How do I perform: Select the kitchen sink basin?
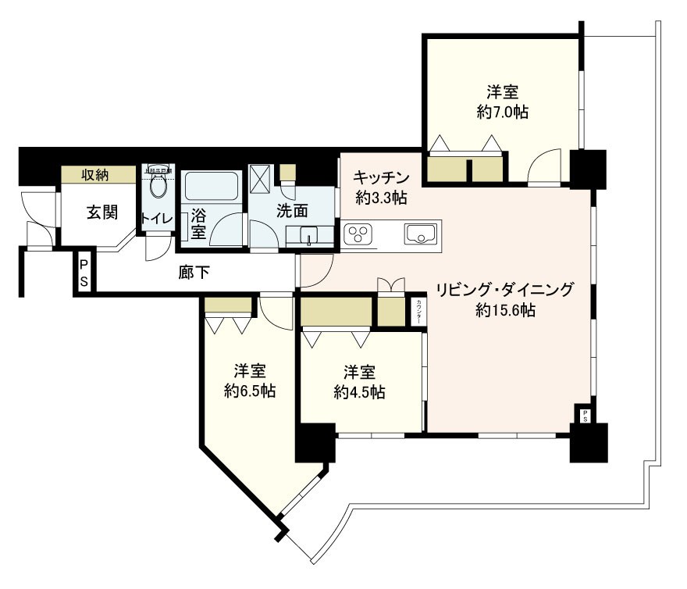click(x=422, y=232)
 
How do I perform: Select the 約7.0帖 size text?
click(x=503, y=112)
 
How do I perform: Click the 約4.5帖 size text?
click(x=358, y=391)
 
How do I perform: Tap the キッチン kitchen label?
click(x=380, y=177)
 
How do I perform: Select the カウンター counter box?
click(x=419, y=312)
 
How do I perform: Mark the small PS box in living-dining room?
click(x=583, y=415)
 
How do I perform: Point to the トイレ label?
click(x=156, y=219)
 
